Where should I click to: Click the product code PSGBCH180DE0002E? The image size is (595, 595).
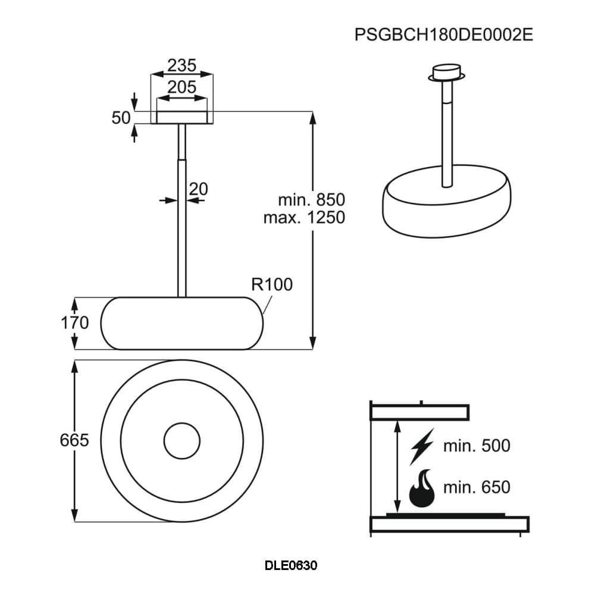[x=443, y=34]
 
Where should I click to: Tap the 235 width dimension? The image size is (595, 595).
[x=181, y=65]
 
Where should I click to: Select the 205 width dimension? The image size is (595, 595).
[x=181, y=87]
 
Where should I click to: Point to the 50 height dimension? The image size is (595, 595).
[x=121, y=118]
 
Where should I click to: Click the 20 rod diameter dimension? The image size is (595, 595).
[x=198, y=189]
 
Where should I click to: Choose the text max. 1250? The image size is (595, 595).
[x=304, y=217]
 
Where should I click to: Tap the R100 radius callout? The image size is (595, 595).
[x=272, y=284]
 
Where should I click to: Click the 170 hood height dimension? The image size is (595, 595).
[x=74, y=323]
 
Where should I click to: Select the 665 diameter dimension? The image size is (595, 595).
[x=74, y=441]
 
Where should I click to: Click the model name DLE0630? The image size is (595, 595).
[x=291, y=565]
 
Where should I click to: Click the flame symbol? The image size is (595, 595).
[x=422, y=488]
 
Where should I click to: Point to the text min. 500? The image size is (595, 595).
[x=477, y=446]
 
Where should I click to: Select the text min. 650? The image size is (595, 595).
[x=477, y=487]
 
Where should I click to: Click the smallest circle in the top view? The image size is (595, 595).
[x=181, y=441]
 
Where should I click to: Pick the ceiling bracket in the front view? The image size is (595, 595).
[x=181, y=117]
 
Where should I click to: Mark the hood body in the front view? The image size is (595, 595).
[x=181, y=323]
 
